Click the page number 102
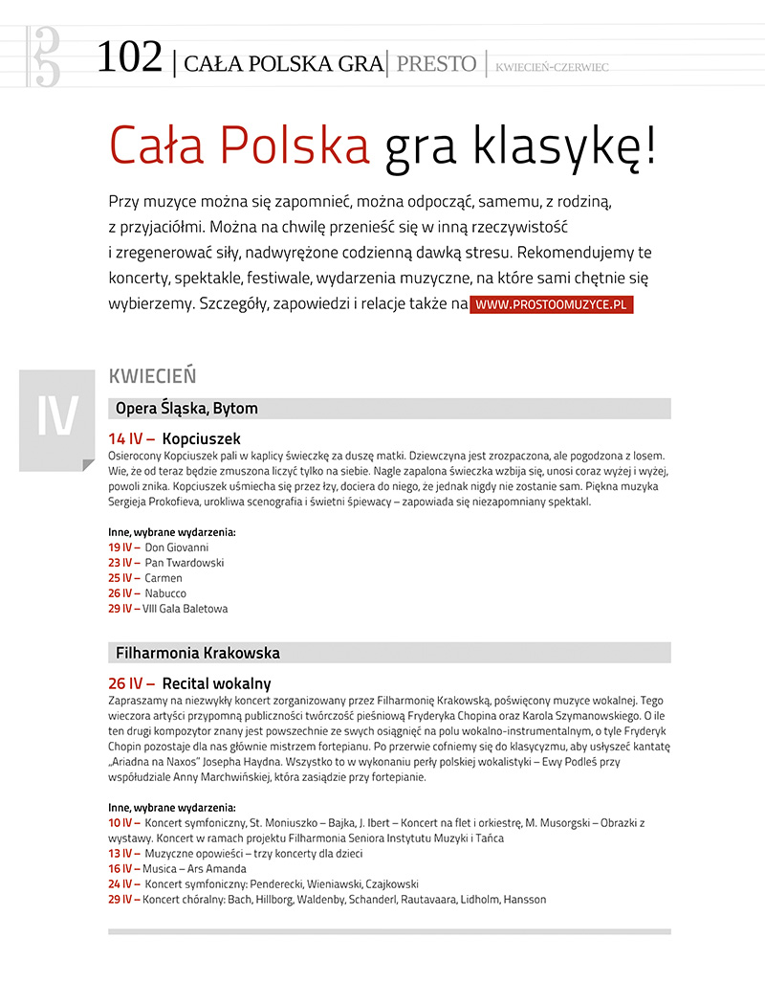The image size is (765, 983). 129,59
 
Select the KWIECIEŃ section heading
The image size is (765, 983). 153,376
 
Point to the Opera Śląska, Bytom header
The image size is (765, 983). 186,409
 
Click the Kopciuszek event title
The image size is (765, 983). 201,437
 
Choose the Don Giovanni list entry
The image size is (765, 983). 176,547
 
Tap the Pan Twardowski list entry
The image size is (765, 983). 184,563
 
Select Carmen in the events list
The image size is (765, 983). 163,578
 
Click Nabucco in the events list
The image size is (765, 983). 165,593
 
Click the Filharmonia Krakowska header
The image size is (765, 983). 198,653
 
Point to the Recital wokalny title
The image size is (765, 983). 216,683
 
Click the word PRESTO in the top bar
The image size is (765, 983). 435,64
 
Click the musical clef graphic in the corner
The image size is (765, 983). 44,56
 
